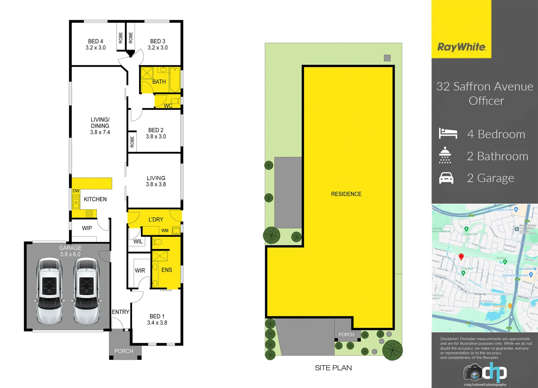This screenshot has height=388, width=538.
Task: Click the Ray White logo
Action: (x=461, y=47)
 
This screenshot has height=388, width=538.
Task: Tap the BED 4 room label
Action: (x=96, y=41)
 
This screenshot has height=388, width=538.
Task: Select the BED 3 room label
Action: (x=158, y=41)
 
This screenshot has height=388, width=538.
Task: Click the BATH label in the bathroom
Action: (x=159, y=82)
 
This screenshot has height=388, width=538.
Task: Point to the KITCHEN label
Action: (x=95, y=199)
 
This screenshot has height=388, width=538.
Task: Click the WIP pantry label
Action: (x=87, y=228)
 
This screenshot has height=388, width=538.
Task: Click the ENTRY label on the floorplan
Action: (x=120, y=312)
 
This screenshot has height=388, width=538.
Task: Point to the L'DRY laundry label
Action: (x=156, y=220)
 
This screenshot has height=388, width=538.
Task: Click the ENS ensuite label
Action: (x=167, y=270)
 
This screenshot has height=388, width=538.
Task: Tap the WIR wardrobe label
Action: (x=140, y=271)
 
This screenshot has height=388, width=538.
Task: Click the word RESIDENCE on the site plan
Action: (x=346, y=194)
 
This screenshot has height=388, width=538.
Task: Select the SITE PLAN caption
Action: (x=333, y=368)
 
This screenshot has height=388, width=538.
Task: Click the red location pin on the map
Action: (x=461, y=257)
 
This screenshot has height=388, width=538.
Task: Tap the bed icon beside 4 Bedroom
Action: (x=448, y=133)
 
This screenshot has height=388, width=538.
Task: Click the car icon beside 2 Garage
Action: (x=446, y=178)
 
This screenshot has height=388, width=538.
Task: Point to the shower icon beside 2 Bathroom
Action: (x=445, y=155)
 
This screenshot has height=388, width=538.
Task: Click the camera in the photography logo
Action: (x=473, y=373)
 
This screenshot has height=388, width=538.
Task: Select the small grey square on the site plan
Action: (x=387, y=58)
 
